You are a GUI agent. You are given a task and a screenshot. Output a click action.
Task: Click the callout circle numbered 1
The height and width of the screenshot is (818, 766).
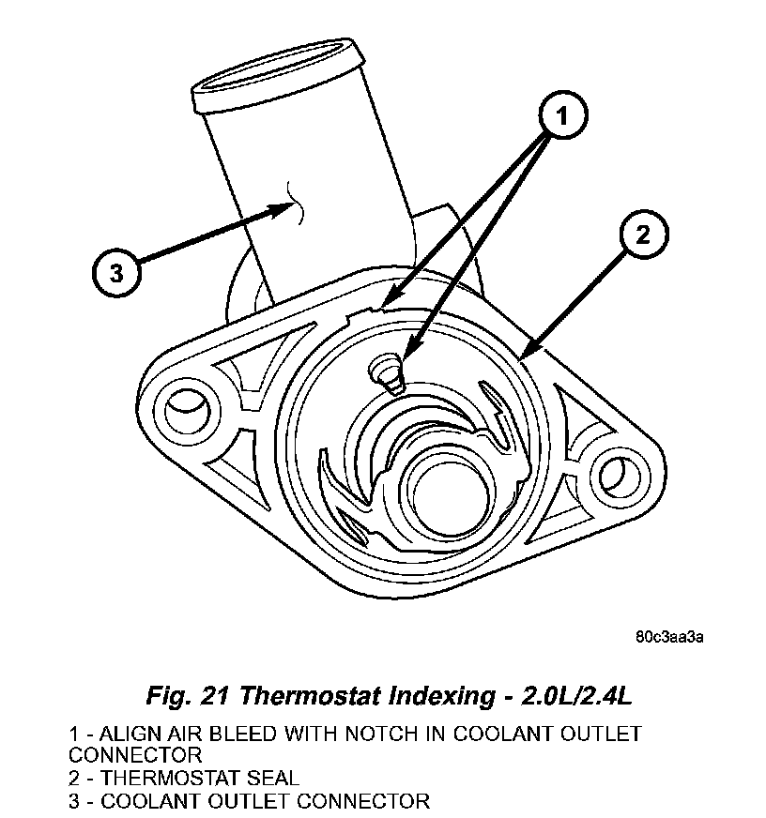(x=562, y=117)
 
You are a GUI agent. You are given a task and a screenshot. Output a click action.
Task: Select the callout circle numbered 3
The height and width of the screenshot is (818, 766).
(x=115, y=273)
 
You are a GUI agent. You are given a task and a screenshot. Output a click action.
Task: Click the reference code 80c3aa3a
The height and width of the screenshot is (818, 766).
(x=669, y=637)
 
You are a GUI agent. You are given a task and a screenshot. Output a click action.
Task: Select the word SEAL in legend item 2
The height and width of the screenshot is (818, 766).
(x=272, y=778)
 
